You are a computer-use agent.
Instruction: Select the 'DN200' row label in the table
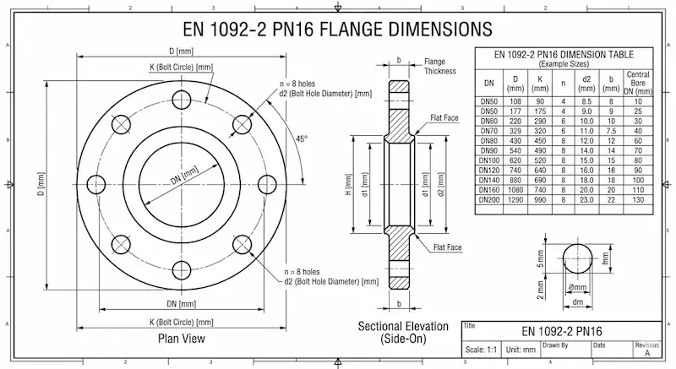coord(489,200)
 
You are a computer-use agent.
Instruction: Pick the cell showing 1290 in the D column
coord(515,200)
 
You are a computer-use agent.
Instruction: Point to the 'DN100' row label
coord(489,160)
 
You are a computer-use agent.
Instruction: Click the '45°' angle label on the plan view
coord(301,138)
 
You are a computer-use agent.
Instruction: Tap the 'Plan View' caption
coord(182,339)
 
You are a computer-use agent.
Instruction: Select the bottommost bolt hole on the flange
coord(181,270)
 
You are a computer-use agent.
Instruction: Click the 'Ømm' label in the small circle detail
coord(578,287)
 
